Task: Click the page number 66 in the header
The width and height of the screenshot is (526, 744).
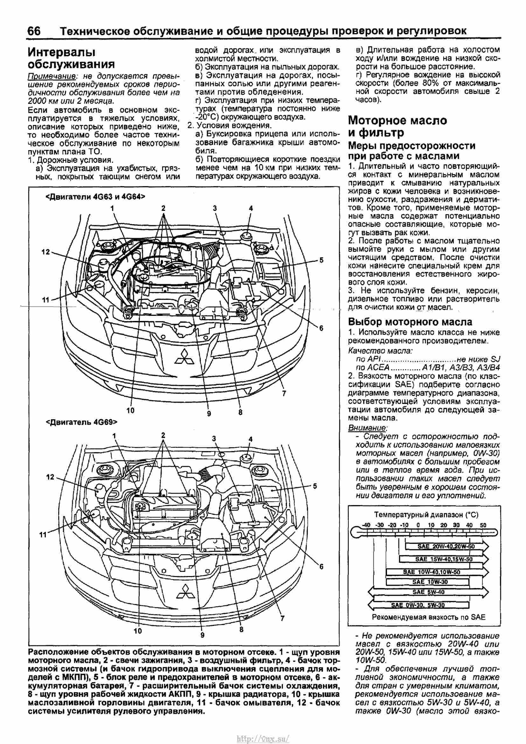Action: pos(34,31)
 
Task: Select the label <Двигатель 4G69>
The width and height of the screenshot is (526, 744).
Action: pos(81,422)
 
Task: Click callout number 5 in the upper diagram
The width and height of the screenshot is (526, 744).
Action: pos(321,260)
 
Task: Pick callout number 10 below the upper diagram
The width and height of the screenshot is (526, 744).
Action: pos(130,410)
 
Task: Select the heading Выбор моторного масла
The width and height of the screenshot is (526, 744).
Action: pos(410,322)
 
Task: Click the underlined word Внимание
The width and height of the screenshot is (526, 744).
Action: pos(368,428)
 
